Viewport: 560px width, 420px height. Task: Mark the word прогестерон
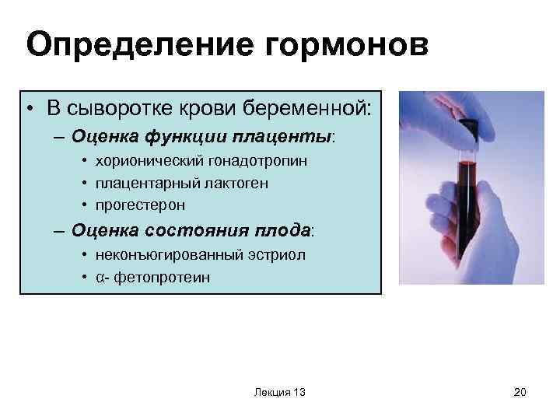141,205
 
